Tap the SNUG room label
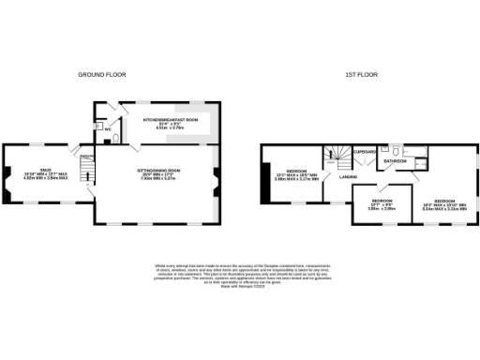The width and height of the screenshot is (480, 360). click(x=46, y=143)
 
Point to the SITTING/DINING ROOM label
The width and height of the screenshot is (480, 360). click(x=159, y=169)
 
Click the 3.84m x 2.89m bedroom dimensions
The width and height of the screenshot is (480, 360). click(x=381, y=208)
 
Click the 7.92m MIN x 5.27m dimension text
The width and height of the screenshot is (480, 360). click(x=159, y=178)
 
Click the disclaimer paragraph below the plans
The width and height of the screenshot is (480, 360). click(x=241, y=277)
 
